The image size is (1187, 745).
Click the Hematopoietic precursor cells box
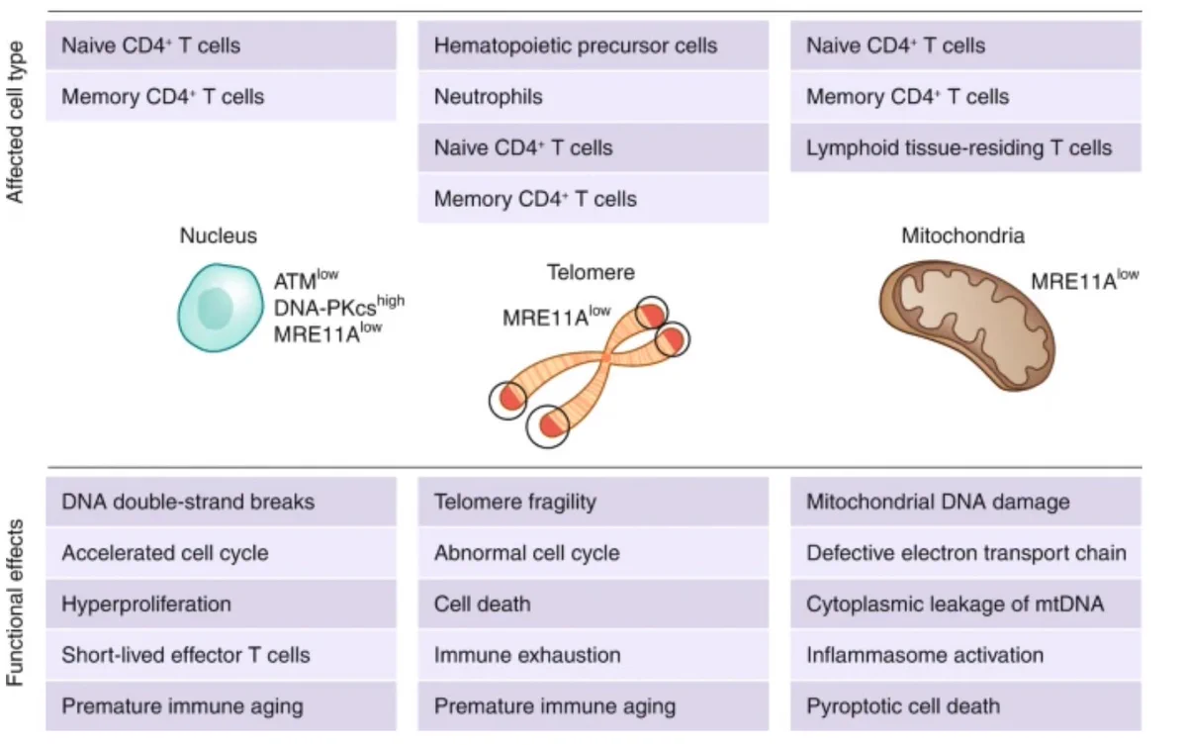pos(593,46)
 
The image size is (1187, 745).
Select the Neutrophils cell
pos(593,97)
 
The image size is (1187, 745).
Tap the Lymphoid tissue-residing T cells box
pos(965,147)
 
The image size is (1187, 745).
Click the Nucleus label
pos(219,235)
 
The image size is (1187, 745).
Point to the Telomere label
pos(591,272)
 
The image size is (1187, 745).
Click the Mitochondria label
pos(962,235)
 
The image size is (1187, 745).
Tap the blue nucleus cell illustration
pos(221,308)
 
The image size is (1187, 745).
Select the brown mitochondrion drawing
pos(967,326)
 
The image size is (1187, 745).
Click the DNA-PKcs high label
pos(339,306)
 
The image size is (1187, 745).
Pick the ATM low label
pos(307,279)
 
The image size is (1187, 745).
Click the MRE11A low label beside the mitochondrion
pos(1085,280)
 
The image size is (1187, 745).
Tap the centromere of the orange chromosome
pos(605,359)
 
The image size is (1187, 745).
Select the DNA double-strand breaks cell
pos(221,502)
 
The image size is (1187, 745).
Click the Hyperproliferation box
pos(221,605)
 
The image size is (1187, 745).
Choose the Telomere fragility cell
pos(593,502)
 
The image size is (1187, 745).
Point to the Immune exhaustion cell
pos(593,655)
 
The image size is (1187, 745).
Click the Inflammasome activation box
pos(965,655)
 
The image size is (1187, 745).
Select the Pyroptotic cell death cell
pos(965,706)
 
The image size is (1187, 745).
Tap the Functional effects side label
pos(15,603)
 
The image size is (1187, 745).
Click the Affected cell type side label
pos(15,122)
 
